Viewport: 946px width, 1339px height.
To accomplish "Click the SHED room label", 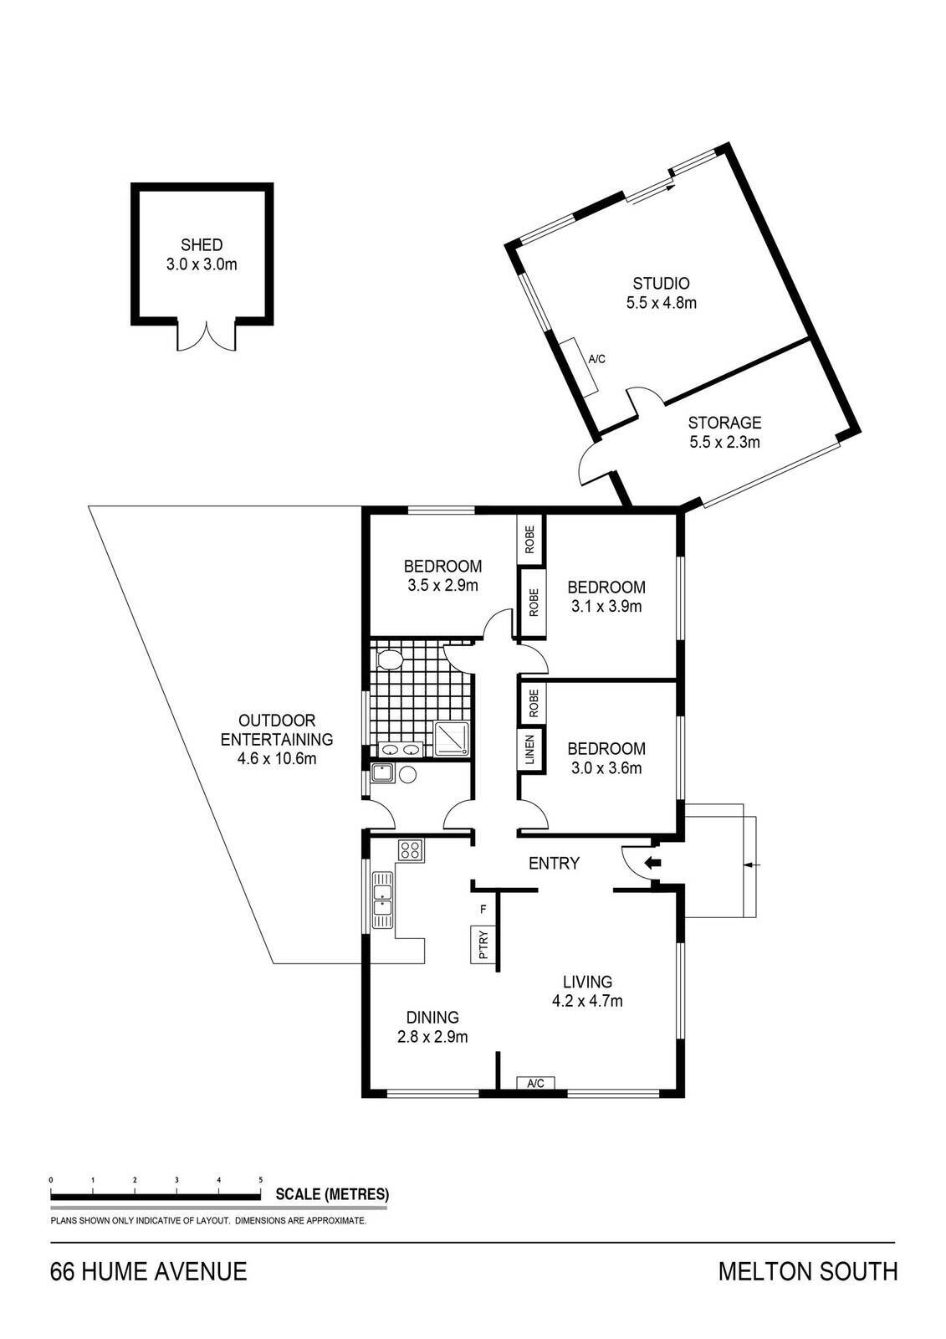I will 202,245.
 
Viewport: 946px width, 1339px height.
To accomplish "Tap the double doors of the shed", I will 206,336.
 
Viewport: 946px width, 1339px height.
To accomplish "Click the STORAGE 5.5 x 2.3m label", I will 724,432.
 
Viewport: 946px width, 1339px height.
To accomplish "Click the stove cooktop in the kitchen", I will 411,851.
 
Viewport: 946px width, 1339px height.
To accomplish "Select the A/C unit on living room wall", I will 535,1083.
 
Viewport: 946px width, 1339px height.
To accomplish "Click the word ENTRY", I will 554,864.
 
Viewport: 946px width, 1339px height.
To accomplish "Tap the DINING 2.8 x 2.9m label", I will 432,1027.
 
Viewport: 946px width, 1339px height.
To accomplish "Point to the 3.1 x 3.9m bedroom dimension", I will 606,607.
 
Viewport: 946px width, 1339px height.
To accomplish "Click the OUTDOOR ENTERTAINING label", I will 277,730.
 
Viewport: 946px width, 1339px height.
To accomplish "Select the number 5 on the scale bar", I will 261,1180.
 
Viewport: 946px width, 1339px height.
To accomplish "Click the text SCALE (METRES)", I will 331,1194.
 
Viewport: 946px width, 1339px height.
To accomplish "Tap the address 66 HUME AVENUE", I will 149,1272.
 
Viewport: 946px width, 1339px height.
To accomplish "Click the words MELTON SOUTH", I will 808,1272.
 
